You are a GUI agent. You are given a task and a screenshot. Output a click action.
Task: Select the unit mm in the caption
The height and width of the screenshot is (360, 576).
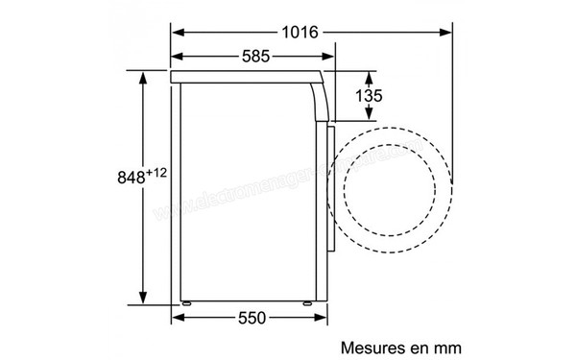(434, 344)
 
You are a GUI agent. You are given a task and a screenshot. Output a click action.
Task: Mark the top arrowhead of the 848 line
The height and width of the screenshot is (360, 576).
(143, 76)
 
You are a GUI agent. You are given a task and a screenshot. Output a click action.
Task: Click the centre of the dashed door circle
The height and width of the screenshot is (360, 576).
(390, 182)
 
